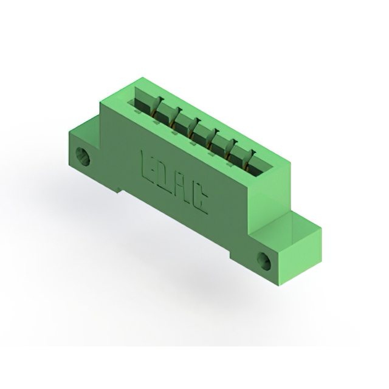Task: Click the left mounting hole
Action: click(83, 156)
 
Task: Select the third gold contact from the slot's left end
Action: click(191, 134)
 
